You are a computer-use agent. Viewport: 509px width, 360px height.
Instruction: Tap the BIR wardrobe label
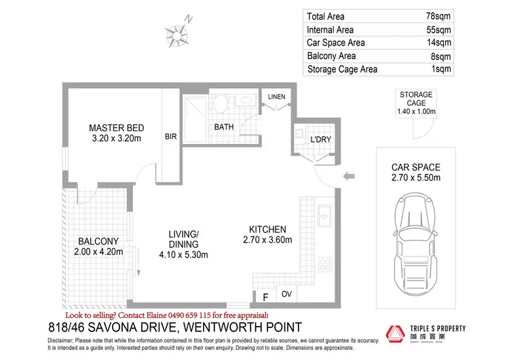click(x=170, y=136)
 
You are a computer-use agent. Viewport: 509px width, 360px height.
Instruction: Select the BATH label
click(x=224, y=127)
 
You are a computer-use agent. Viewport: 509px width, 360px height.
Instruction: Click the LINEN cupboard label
click(x=276, y=97)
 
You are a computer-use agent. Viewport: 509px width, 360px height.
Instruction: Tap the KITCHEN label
click(x=267, y=230)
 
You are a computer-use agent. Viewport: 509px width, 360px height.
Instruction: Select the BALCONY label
click(x=98, y=241)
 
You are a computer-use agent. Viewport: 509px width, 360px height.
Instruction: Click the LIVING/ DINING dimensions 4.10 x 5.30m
click(x=183, y=255)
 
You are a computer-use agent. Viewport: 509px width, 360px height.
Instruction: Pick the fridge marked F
click(x=265, y=296)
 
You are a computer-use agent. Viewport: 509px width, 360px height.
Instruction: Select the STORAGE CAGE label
click(x=416, y=98)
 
